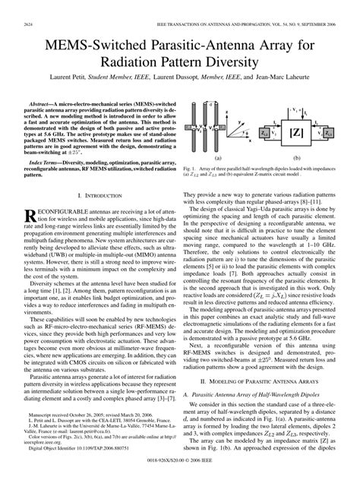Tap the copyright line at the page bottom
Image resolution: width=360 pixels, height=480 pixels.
click(180, 470)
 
